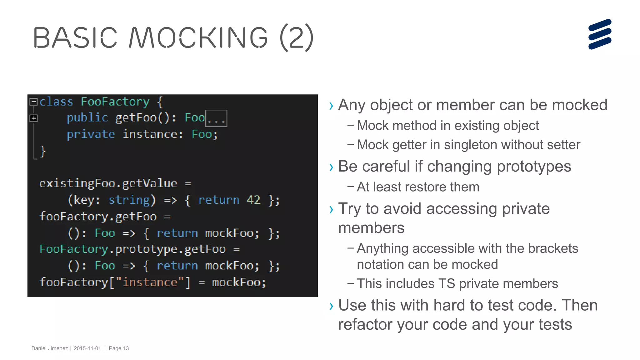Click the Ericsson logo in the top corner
(600, 34)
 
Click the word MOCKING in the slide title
(198, 38)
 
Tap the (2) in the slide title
(296, 38)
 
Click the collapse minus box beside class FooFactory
(33, 102)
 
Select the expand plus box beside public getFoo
(33, 118)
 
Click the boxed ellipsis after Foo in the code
(216, 118)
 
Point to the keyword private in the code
(91, 134)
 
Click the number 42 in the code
(253, 200)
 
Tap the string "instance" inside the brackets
(150, 282)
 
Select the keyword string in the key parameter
(129, 200)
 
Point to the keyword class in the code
(56, 102)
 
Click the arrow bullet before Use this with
(331, 306)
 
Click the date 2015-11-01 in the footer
(87, 348)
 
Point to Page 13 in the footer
(119, 348)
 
